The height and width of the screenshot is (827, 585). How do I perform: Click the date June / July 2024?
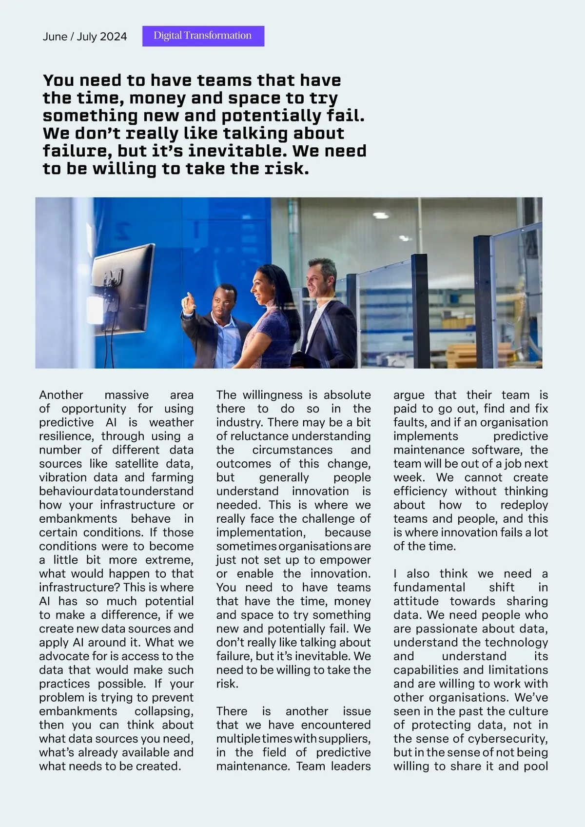pyautogui.click(x=85, y=37)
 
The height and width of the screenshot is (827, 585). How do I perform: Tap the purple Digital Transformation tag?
pyautogui.click(x=203, y=36)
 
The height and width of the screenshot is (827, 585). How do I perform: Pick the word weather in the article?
pyautogui.click(x=171, y=422)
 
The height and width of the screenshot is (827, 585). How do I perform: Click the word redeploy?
pyautogui.click(x=524, y=505)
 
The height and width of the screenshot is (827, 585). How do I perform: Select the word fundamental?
pyautogui.click(x=429, y=587)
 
